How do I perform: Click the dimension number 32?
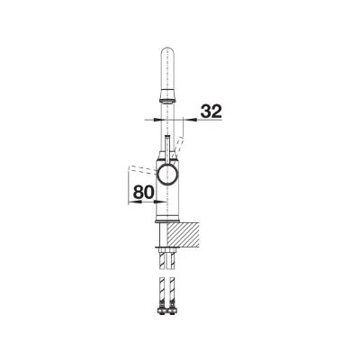[211, 112]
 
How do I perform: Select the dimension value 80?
[144, 192]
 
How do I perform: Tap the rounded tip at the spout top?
[166, 49]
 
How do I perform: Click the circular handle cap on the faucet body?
[167, 174]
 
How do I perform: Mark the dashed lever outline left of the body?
[142, 169]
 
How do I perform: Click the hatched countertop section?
[184, 234]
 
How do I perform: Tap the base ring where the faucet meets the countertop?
[167, 221]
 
